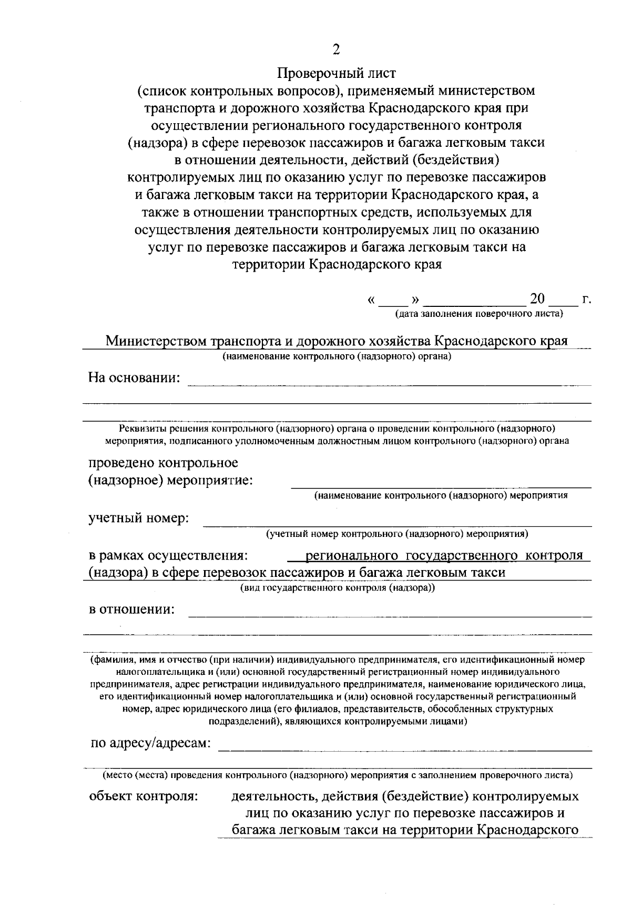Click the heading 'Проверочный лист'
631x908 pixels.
click(x=337, y=72)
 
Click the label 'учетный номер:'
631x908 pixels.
click(x=138, y=518)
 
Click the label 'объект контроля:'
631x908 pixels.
click(x=144, y=796)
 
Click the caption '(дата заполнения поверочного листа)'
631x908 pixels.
click(x=479, y=315)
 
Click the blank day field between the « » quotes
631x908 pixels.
click(x=394, y=302)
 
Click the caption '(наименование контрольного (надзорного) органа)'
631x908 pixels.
click(x=337, y=357)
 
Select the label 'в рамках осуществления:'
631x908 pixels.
click(x=168, y=556)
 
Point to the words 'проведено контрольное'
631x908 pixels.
click(x=163, y=463)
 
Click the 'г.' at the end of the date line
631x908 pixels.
click(x=587, y=301)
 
